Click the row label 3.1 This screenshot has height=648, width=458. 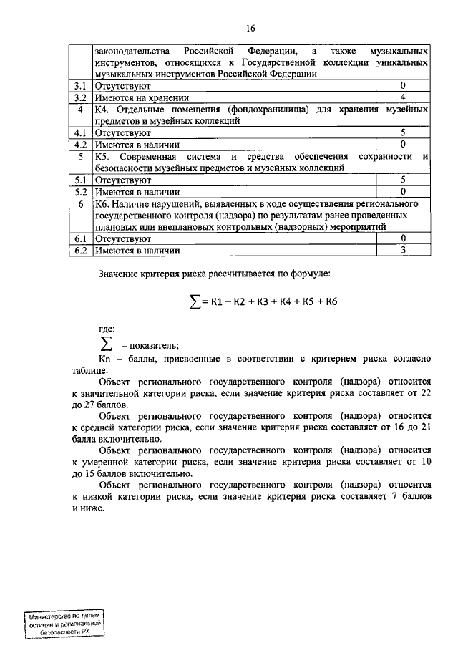(81, 86)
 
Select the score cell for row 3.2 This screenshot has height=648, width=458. (403, 97)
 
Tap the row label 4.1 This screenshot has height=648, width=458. (81, 132)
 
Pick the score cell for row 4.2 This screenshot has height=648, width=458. (403, 144)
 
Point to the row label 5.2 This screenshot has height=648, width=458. (81, 191)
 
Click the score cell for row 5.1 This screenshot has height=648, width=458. (403, 180)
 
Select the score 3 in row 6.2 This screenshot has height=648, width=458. (403, 250)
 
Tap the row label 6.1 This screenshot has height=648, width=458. (81, 238)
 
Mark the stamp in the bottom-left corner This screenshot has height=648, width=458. (65, 625)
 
